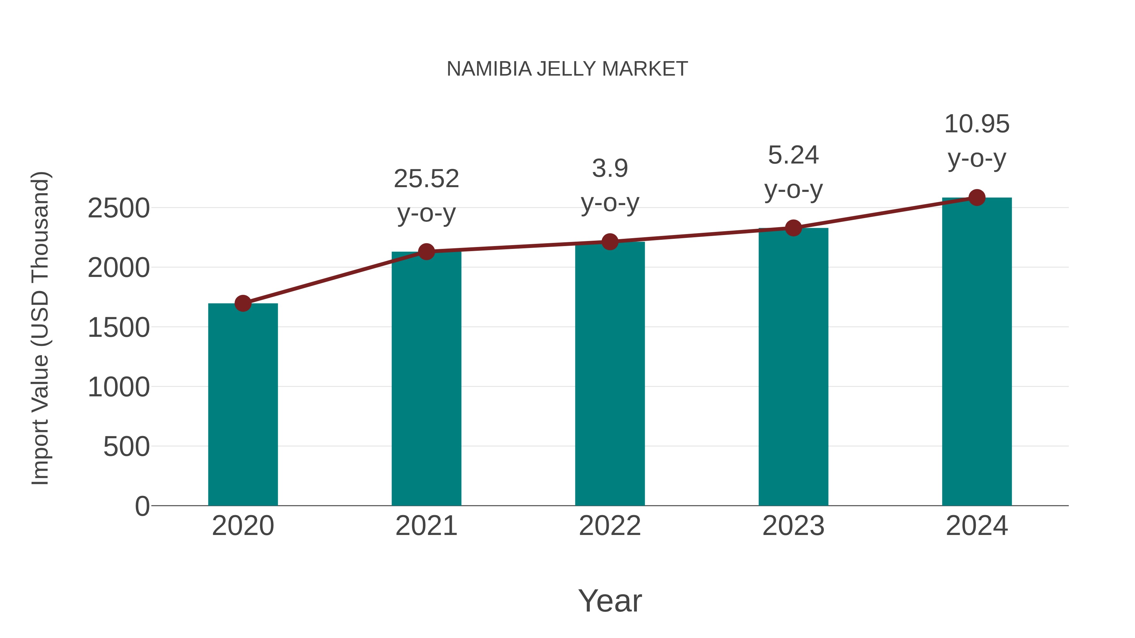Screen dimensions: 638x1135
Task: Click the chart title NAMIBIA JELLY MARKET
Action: (x=567, y=69)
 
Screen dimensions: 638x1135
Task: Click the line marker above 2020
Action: (x=243, y=303)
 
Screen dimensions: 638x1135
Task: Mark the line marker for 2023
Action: (x=793, y=228)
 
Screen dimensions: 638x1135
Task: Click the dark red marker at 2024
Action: (x=977, y=198)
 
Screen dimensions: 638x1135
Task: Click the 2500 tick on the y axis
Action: (x=119, y=208)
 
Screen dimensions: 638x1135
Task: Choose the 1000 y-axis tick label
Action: (x=119, y=388)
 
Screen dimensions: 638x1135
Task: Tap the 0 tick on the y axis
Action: (x=142, y=506)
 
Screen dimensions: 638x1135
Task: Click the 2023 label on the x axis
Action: (x=793, y=526)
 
